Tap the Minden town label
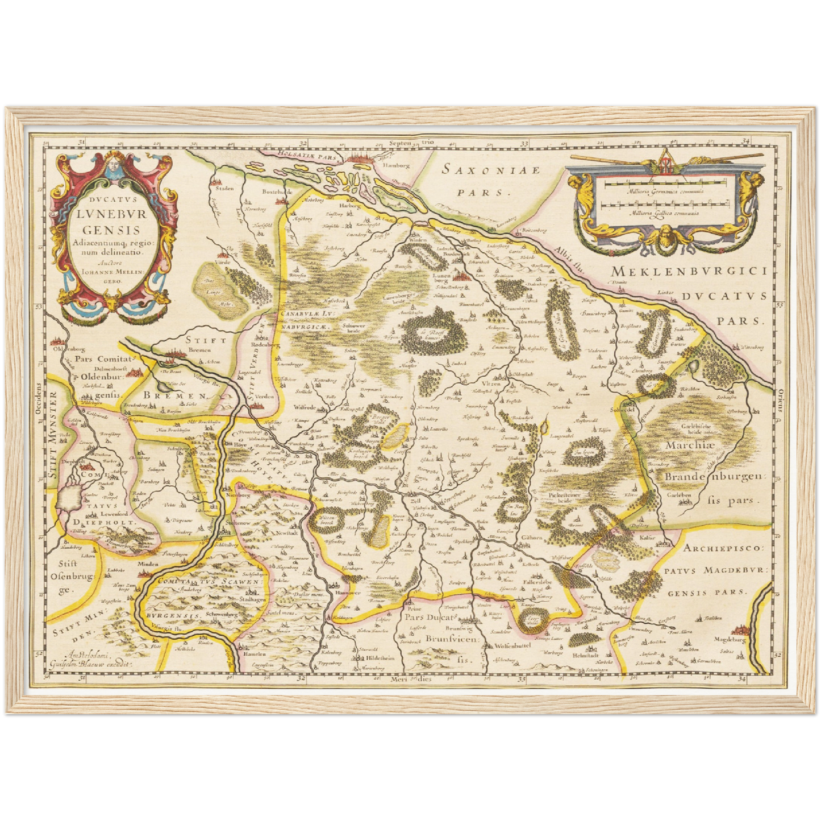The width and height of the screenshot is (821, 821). tap(146, 565)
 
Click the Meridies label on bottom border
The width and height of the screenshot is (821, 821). tap(411, 679)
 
